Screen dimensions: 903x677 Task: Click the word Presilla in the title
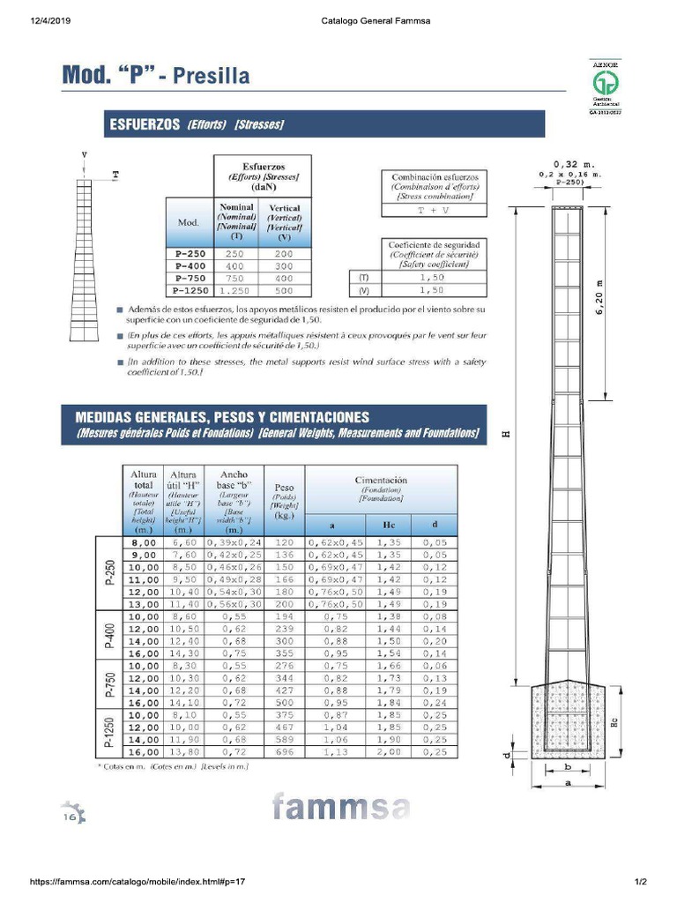211,75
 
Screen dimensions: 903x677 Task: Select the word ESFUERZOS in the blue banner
144,124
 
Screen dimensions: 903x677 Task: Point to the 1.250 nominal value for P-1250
235,290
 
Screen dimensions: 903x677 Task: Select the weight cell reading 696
284,752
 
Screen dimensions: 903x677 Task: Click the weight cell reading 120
284,542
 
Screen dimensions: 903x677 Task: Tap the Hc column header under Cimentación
388,525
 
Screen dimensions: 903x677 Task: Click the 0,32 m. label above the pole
574,164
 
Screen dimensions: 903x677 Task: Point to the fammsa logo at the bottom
341,807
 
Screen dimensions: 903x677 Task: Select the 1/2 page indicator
641,882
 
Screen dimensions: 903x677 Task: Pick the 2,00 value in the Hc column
389,752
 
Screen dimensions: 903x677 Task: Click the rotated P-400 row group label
109,636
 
